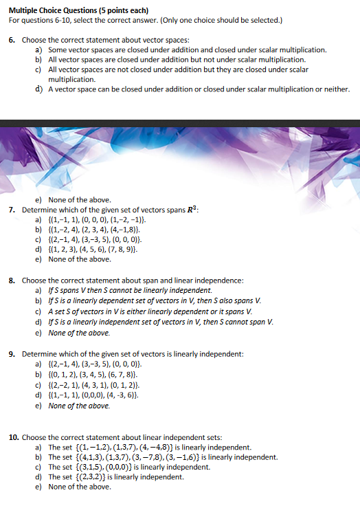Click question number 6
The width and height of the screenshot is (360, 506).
(x=12, y=41)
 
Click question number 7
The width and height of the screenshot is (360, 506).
(x=12, y=209)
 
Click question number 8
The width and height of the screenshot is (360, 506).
(x=12, y=280)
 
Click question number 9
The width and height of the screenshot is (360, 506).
(x=12, y=354)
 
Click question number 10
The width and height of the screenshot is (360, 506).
(x=14, y=437)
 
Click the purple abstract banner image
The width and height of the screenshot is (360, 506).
(x=180, y=154)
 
